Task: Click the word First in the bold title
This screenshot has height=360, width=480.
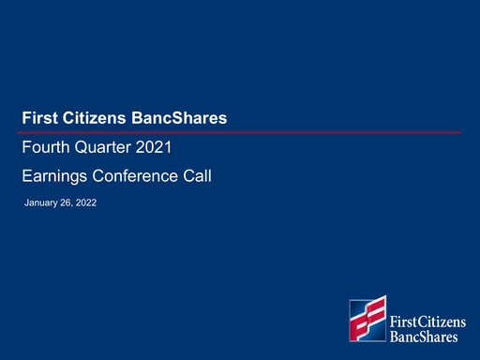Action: pyautogui.click(x=38, y=118)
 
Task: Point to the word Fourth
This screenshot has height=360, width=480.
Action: pyautogui.click(x=44, y=148)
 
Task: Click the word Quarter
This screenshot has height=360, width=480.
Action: pyautogui.click(x=104, y=148)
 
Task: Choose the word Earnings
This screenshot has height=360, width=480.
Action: pyautogui.click(x=54, y=174)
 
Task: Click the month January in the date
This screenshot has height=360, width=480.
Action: pyautogui.click(x=41, y=202)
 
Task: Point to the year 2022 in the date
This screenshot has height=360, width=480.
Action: pyautogui.click(x=86, y=202)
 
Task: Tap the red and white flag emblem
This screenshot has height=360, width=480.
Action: pyautogui.click(x=367, y=319)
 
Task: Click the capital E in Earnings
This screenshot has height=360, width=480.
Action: pyautogui.click(x=26, y=174)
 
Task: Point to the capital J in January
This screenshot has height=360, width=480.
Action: pyautogui.click(x=26, y=202)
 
